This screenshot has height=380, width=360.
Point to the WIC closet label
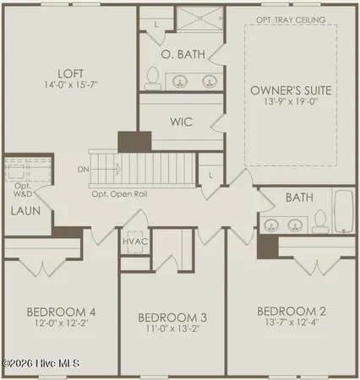181,122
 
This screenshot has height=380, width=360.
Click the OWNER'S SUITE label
290,90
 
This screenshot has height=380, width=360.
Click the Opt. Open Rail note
123,193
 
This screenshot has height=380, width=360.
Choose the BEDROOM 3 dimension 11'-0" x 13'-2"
172,330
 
